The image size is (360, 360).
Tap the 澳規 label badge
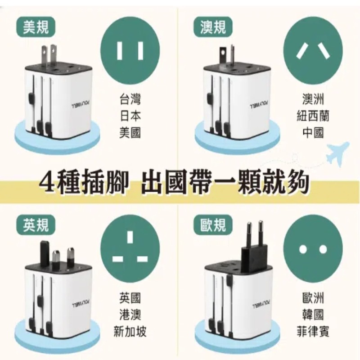tap(213, 28)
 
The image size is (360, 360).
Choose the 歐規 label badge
tap(213, 225)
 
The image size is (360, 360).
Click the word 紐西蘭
tap(313, 116)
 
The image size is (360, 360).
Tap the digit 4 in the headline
tap(47, 182)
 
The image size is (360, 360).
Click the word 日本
tap(130, 116)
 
